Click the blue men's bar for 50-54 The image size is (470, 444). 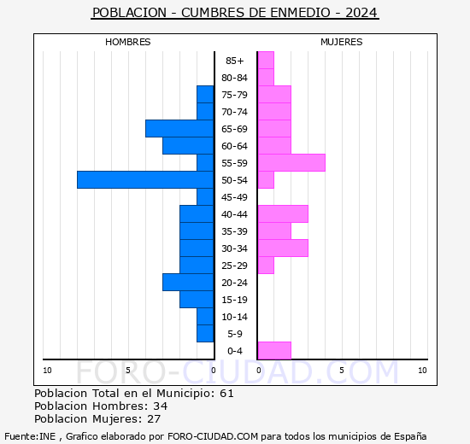click(x=145, y=180)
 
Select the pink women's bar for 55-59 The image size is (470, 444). click(x=291, y=163)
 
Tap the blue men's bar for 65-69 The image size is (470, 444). click(x=179, y=129)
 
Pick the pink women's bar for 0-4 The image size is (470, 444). click(x=274, y=350)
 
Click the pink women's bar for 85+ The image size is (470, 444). click(x=266, y=61)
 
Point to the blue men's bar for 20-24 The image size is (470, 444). click(x=188, y=283)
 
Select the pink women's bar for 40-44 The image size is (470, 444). click(x=283, y=214)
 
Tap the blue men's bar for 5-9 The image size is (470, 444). click(x=205, y=334)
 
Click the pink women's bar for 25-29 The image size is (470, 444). click(x=266, y=266)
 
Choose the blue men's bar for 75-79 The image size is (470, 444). click(x=205, y=95)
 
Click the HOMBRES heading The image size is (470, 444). click(x=128, y=42)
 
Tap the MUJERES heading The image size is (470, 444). click(x=342, y=42)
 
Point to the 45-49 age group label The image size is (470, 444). click(x=234, y=197)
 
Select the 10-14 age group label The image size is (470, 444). click(x=234, y=317)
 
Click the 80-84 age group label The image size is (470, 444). click(x=234, y=78)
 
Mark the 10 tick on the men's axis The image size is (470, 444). click(x=47, y=371)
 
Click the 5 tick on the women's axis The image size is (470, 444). click(x=342, y=371)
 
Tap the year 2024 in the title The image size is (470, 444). click(x=361, y=13)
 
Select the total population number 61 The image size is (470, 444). click(x=226, y=393)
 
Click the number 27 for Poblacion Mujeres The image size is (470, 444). click(x=154, y=418)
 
